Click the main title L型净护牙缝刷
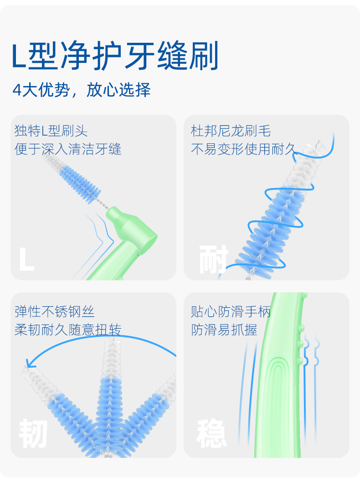click(x=115, y=56)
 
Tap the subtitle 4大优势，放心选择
click(x=82, y=90)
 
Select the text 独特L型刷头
click(x=51, y=131)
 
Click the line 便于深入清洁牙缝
click(x=68, y=149)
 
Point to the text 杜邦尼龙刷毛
click(x=231, y=131)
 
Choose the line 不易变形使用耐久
click(x=243, y=149)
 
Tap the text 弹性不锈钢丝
click(x=55, y=311)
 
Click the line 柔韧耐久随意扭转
click(x=68, y=330)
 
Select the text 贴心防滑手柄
click(x=231, y=311)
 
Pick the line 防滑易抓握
click(x=224, y=330)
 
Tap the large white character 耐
click(x=213, y=259)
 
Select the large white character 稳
click(x=211, y=433)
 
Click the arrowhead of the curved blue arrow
click(x=30, y=363)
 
